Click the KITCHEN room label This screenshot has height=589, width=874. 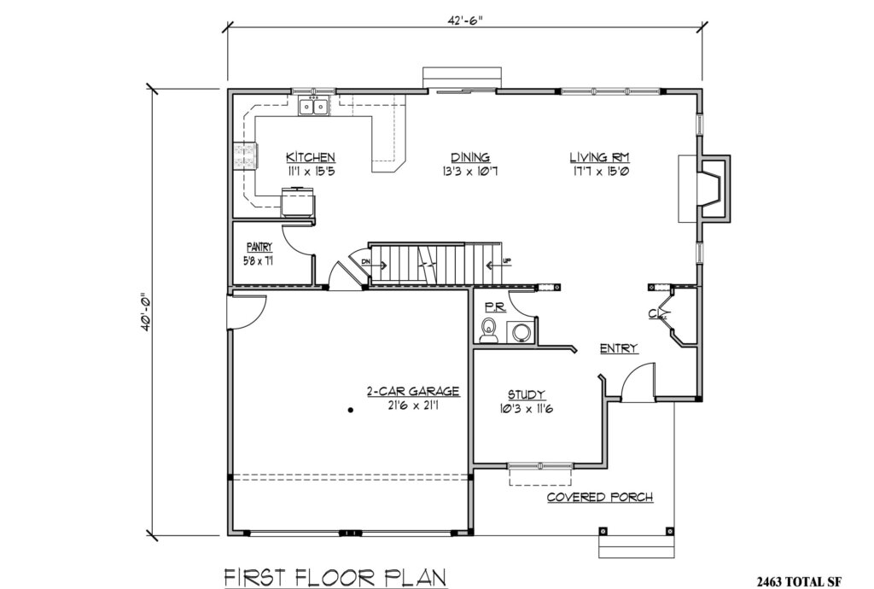coord(310,158)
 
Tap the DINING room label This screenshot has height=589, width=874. coord(470,158)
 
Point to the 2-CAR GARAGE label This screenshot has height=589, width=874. coord(413,392)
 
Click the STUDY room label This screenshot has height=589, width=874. coord(527,394)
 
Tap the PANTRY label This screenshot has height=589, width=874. coord(259,248)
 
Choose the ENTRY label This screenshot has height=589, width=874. coord(619,348)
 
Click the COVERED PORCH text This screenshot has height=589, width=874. coord(600,498)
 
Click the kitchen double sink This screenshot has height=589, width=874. coord(314,107)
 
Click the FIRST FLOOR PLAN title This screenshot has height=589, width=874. coord(335,577)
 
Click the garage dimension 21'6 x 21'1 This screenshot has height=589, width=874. coord(413,405)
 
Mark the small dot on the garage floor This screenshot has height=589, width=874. coord(351,411)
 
